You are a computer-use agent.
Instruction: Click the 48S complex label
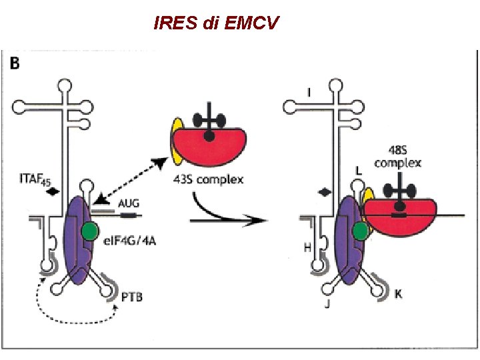(398, 157)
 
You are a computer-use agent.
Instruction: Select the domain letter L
(359, 171)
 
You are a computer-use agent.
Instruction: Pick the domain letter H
(307, 247)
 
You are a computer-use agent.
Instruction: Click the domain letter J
(329, 305)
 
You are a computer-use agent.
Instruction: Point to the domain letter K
(398, 293)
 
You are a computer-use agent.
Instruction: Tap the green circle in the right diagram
(361, 231)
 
